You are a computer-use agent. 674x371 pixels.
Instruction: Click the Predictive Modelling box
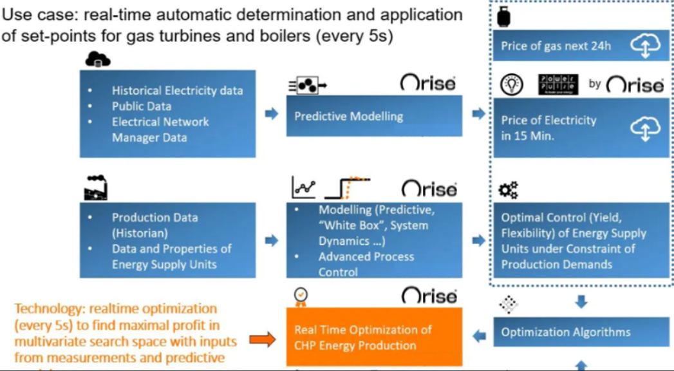(374, 117)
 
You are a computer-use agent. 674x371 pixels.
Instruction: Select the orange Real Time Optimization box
(374, 337)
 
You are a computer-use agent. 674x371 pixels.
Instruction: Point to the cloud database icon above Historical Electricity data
(98, 60)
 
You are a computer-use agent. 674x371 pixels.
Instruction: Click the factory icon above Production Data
(96, 187)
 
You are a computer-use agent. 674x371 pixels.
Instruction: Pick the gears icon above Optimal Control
(509, 189)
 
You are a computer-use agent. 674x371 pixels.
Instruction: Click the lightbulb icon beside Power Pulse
(511, 84)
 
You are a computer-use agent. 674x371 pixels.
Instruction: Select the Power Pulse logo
(558, 84)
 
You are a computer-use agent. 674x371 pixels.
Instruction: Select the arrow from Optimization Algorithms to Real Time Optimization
(479, 336)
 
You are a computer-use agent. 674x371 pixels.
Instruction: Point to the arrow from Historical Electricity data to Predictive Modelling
(272, 114)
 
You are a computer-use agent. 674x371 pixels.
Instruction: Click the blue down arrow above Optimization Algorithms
(581, 301)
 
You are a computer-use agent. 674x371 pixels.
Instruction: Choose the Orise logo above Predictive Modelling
(428, 83)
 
